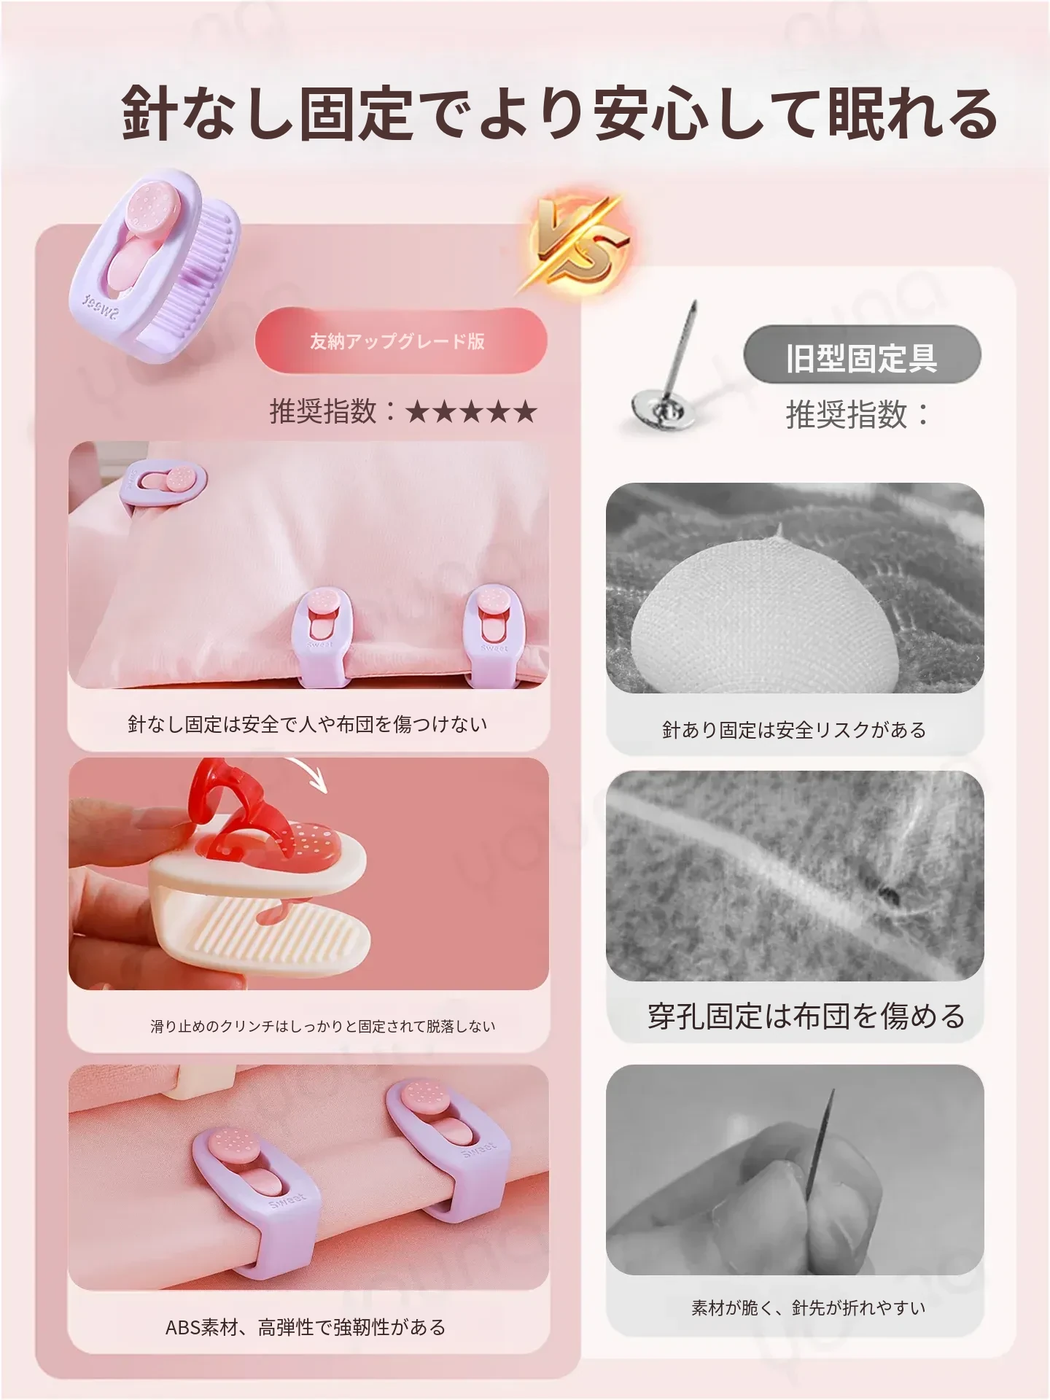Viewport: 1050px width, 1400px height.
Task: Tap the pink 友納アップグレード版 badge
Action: (x=400, y=341)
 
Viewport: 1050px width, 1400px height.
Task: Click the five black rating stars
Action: (x=470, y=412)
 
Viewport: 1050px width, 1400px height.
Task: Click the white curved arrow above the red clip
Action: (x=310, y=773)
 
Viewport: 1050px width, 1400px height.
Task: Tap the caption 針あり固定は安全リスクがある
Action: (x=794, y=730)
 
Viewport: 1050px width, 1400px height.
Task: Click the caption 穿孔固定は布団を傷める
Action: (x=806, y=1016)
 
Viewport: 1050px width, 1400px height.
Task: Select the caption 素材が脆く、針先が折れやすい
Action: (x=809, y=1308)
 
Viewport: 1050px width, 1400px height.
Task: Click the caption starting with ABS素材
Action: (x=306, y=1327)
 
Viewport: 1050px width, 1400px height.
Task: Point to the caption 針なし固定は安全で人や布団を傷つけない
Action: (x=308, y=724)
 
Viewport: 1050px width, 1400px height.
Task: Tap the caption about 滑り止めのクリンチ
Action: (x=323, y=1027)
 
